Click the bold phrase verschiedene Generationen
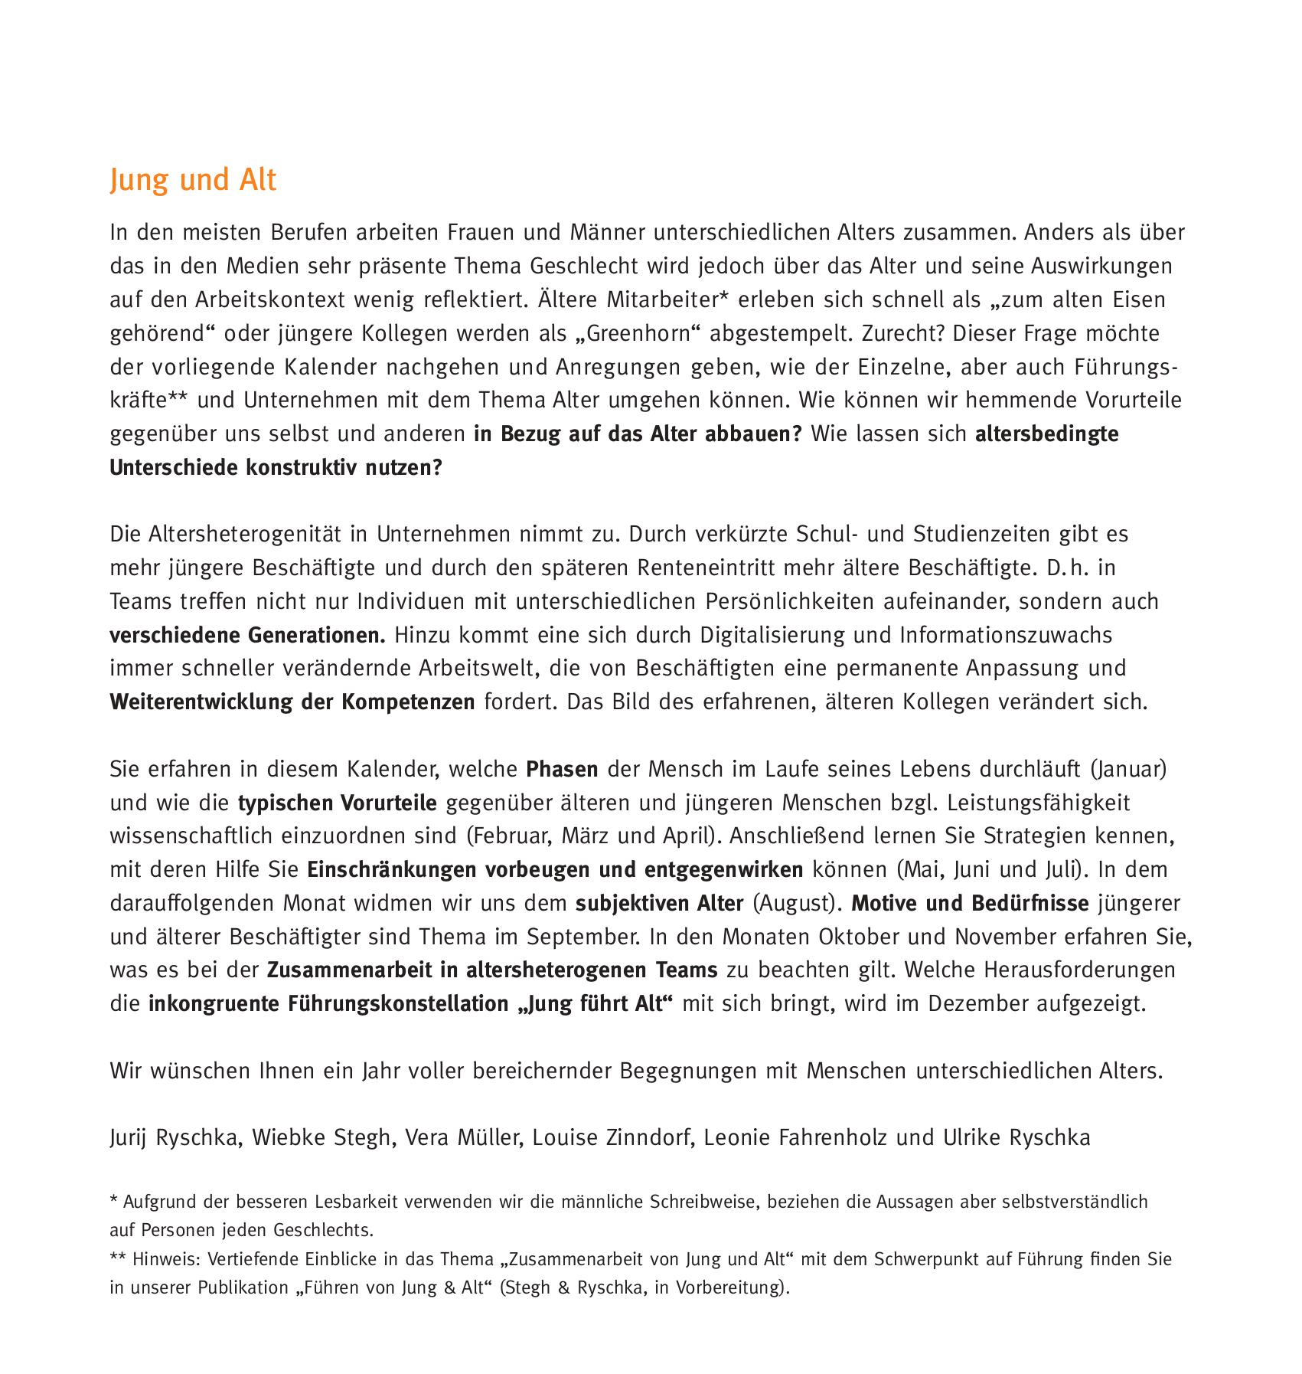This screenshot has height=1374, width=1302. pyautogui.click(x=248, y=635)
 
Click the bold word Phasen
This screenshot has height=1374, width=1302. pyautogui.click(x=562, y=769)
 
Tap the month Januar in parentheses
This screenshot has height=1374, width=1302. pyautogui.click(x=1127, y=769)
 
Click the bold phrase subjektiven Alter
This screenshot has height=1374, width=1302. pyautogui.click(x=659, y=904)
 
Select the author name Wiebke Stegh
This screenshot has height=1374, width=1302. pyautogui.click(x=321, y=1138)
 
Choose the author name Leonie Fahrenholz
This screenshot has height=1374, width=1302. pyautogui.click(x=795, y=1138)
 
